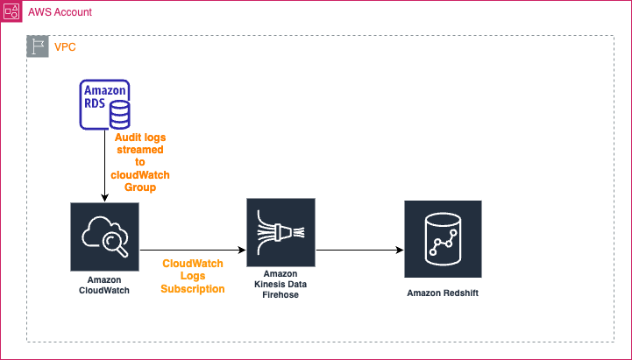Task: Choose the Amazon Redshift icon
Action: [443, 234]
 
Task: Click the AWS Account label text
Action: [60, 13]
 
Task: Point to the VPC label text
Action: [64, 46]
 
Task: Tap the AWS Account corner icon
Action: [12, 12]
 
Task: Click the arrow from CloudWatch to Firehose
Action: [193, 250]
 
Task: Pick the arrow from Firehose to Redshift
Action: [359, 250]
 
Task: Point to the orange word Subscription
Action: [193, 288]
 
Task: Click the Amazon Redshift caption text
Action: [443, 291]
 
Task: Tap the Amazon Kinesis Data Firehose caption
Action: [280, 288]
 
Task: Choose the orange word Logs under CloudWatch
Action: [193, 276]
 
